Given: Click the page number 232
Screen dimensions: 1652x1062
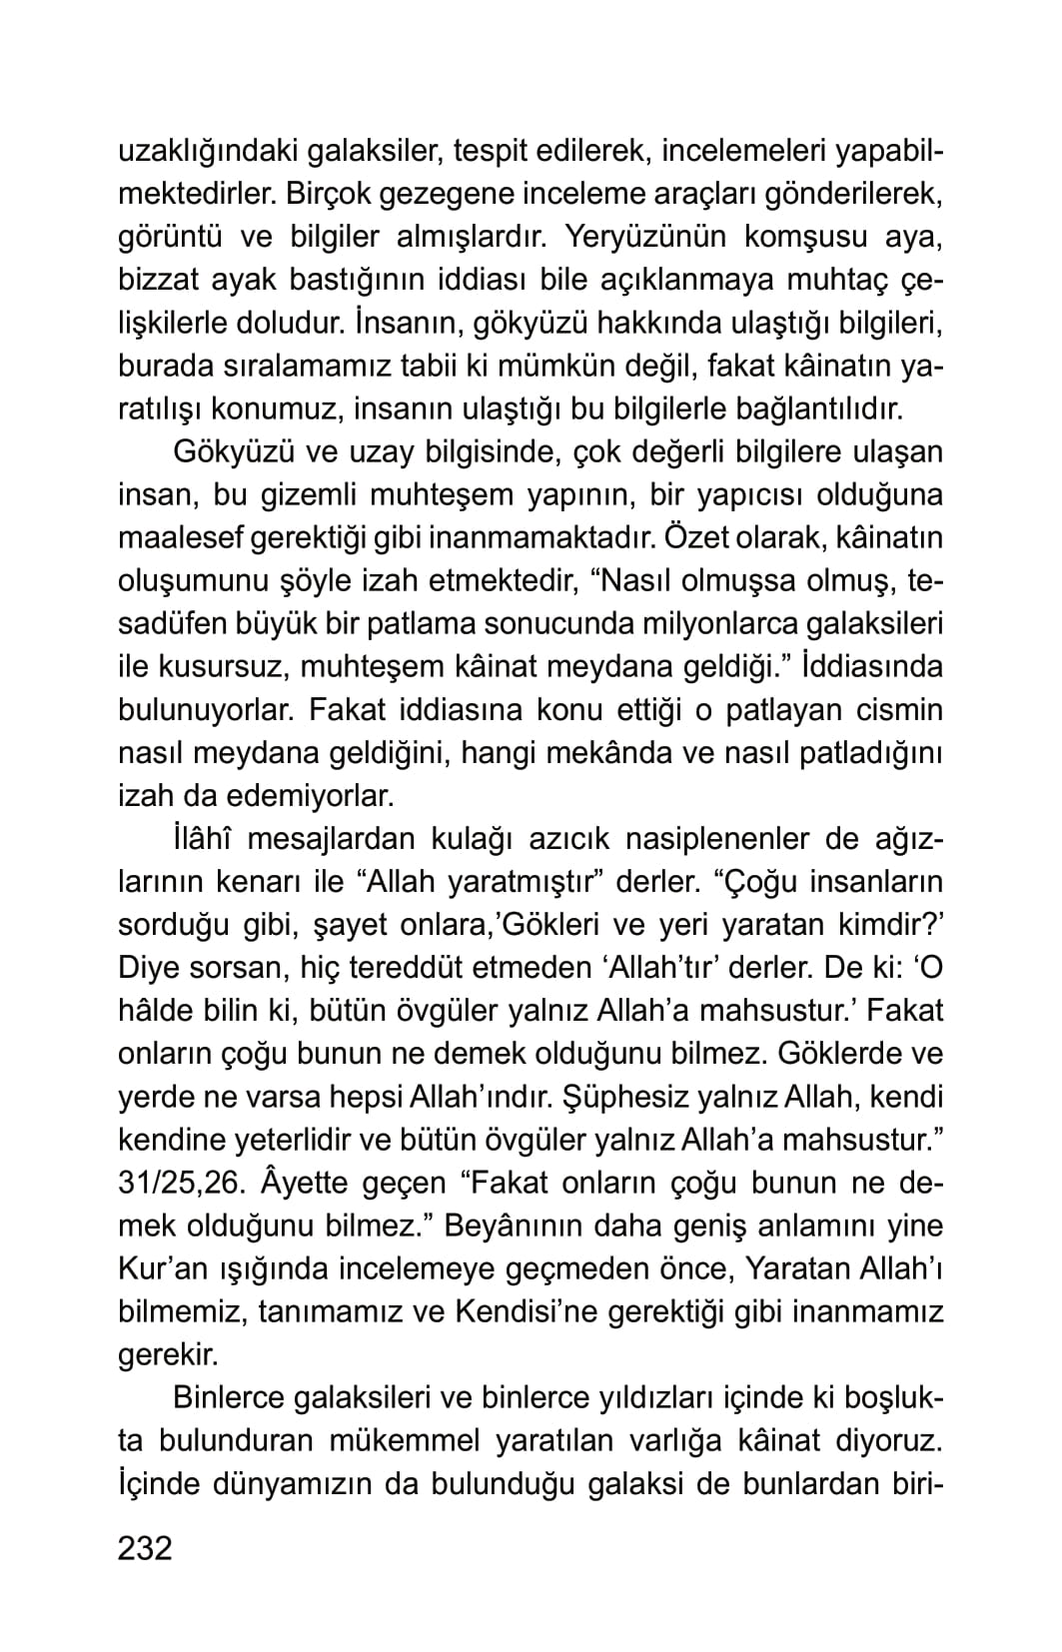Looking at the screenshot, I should [146, 1548].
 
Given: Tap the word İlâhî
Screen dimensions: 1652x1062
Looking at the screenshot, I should [202, 839].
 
